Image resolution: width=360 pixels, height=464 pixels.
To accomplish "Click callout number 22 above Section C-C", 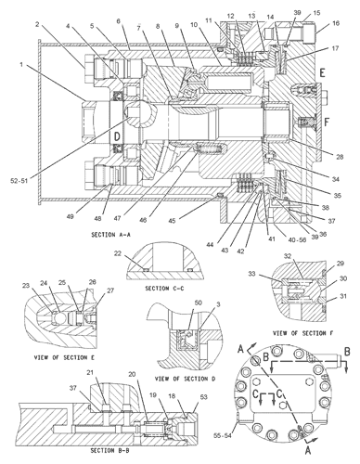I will click(142, 254).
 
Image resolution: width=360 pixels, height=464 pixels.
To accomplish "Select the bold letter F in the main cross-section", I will click(326, 120).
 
